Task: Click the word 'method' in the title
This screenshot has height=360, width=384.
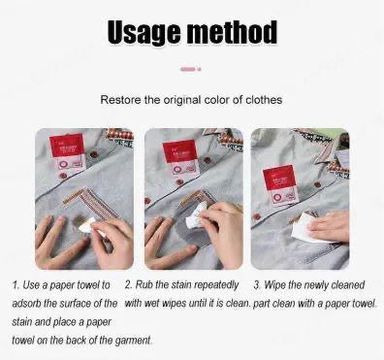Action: (231, 32)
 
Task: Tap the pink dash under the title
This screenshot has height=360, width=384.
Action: (188, 69)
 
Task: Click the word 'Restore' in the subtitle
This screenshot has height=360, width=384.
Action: (121, 99)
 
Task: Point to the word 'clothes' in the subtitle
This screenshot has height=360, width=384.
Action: (264, 99)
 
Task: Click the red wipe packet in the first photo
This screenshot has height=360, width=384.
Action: (66, 155)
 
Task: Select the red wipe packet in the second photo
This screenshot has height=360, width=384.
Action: (181, 157)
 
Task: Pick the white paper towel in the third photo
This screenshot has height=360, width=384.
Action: (304, 227)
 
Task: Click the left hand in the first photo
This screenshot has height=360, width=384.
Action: (54, 243)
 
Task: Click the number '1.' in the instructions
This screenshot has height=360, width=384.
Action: (16, 286)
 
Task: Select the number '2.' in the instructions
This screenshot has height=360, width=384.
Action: (129, 286)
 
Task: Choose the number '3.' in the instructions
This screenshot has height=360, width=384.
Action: (257, 286)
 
